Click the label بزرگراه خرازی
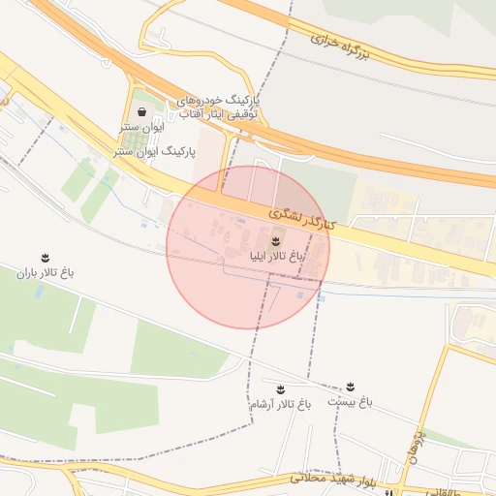[x=341, y=49]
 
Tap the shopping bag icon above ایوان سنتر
[x=142, y=111]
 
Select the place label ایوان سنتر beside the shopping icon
[x=143, y=127]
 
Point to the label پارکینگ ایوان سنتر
[x=155, y=152]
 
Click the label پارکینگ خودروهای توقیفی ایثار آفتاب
[x=229, y=107]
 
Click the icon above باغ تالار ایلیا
[x=276, y=240]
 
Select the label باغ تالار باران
[x=46, y=272]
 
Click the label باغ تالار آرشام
[x=280, y=403]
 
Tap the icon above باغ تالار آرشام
[x=281, y=387]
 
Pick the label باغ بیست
[x=349, y=401]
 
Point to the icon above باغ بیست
[x=350, y=387]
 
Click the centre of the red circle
[x=249, y=247]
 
